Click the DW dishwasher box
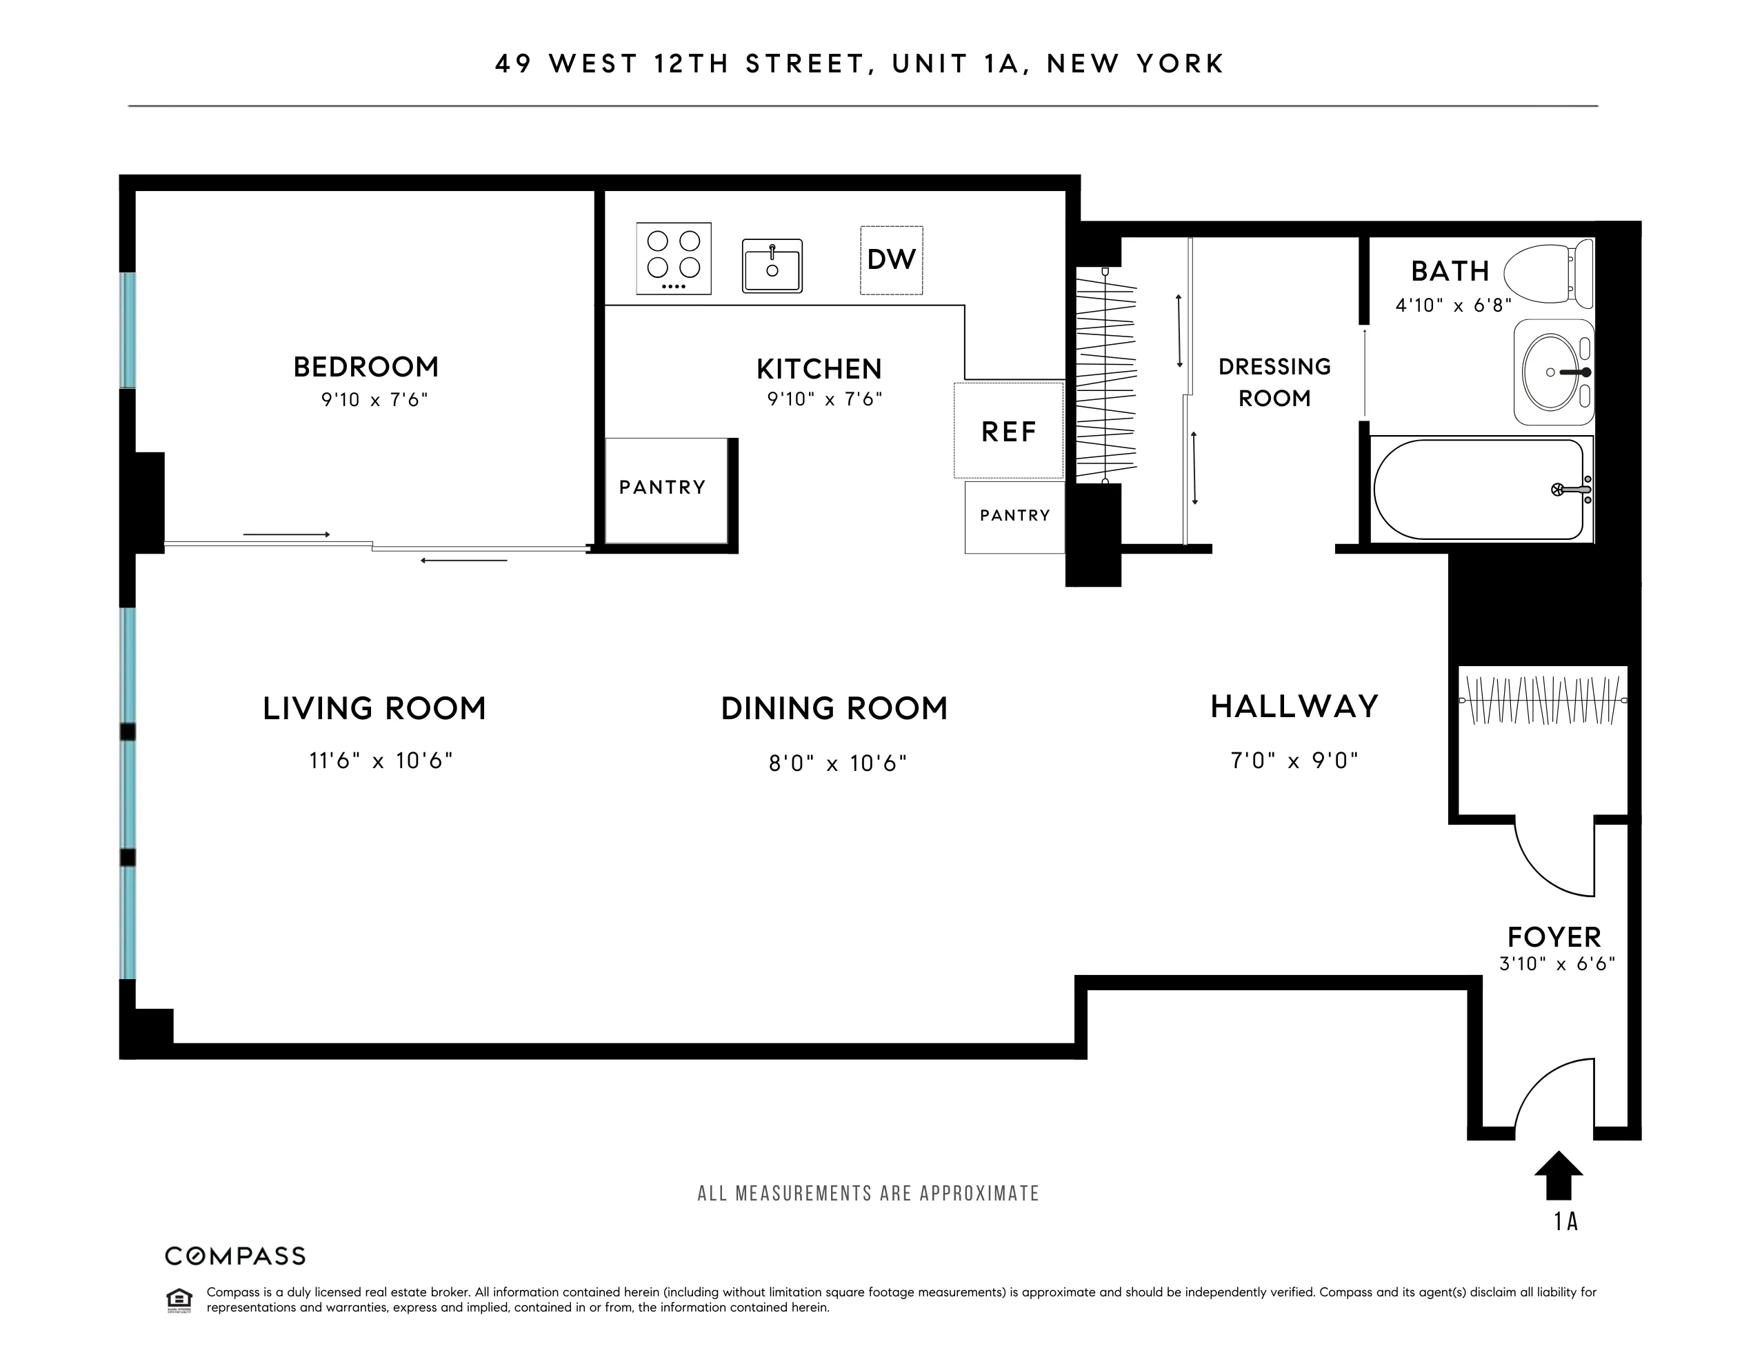point(891,260)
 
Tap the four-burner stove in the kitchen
point(673,259)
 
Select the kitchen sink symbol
point(771,265)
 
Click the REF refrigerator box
point(1008,432)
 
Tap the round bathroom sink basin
point(1550,372)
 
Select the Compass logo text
point(235,1256)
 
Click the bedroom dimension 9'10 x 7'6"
point(374,399)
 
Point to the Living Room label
point(374,708)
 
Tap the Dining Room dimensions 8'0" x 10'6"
point(837,763)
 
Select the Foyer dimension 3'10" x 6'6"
point(1557,963)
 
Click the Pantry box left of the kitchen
point(663,488)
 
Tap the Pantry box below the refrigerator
point(1014,516)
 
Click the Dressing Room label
point(1274,382)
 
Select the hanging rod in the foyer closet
point(1543,700)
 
